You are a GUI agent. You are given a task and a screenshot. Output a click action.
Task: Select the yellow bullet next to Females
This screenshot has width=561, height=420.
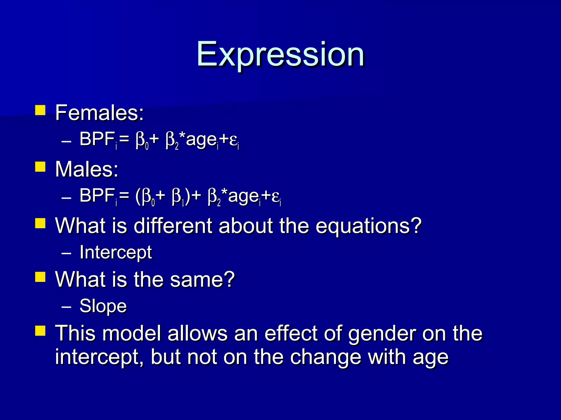point(40,110)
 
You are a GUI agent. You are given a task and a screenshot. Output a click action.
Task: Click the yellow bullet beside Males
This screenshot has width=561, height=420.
point(40,167)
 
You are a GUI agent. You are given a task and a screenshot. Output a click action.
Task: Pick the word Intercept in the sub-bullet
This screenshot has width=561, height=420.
point(116,252)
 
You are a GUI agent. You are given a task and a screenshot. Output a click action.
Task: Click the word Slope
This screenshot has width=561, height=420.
point(103,306)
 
